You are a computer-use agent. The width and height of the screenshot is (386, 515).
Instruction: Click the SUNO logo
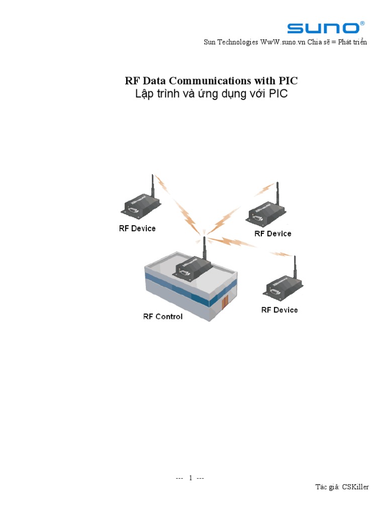tap(323, 28)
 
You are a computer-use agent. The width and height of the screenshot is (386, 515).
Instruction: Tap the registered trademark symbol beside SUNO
tap(362, 24)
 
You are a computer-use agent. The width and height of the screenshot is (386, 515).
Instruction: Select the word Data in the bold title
tap(154, 80)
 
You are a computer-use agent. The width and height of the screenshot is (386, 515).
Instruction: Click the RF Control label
tap(163, 316)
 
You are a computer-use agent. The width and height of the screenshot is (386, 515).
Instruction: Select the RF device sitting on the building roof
tap(191, 268)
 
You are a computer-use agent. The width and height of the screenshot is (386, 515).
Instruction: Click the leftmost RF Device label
tap(137, 228)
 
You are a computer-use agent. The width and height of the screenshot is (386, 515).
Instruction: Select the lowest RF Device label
tap(279, 310)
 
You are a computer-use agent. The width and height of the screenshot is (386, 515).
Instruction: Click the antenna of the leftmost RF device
tap(152, 187)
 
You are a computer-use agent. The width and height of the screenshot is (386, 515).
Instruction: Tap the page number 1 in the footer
tap(190, 478)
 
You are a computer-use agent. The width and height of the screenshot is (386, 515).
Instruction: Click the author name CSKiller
tap(355, 487)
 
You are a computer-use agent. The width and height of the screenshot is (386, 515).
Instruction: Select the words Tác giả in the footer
tap(327, 487)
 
